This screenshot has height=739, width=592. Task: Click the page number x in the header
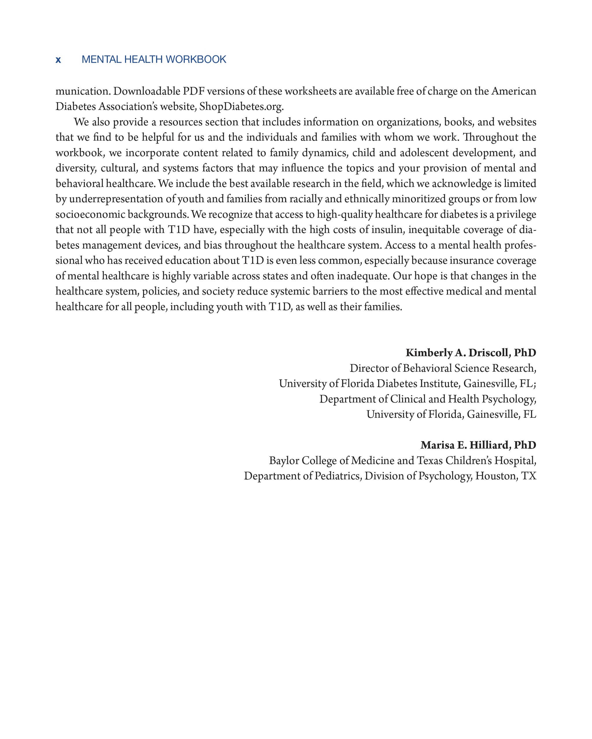tap(58, 60)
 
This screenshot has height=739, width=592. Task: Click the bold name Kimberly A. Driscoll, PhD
tap(471, 353)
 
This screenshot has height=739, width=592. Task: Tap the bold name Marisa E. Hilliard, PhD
tap(478, 445)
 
